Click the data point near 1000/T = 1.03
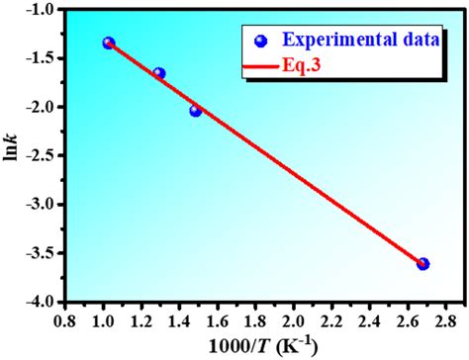(109, 43)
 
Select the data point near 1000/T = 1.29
(158, 73)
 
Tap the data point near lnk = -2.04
(195, 111)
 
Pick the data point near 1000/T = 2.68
(422, 264)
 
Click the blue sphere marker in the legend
(260, 41)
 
